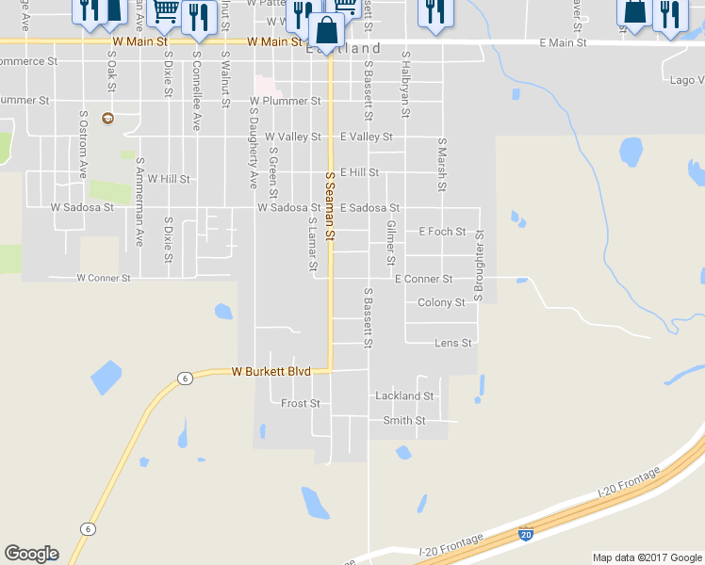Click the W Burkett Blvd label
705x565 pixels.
[271, 372]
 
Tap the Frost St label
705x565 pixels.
[301, 403]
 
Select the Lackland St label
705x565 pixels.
[403, 396]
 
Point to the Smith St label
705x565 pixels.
[404, 420]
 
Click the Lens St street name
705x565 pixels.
[452, 344]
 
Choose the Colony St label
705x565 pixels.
[441, 303]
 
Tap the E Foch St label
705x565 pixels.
[442, 232]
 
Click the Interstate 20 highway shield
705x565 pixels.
[526, 534]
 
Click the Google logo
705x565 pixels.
[31, 554]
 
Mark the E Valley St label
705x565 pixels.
[366, 137]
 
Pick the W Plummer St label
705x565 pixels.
[285, 100]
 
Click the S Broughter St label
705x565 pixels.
[479, 266]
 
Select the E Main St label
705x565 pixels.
[563, 43]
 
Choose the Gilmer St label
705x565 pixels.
[390, 244]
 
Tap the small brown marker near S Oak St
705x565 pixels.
[107, 118]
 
